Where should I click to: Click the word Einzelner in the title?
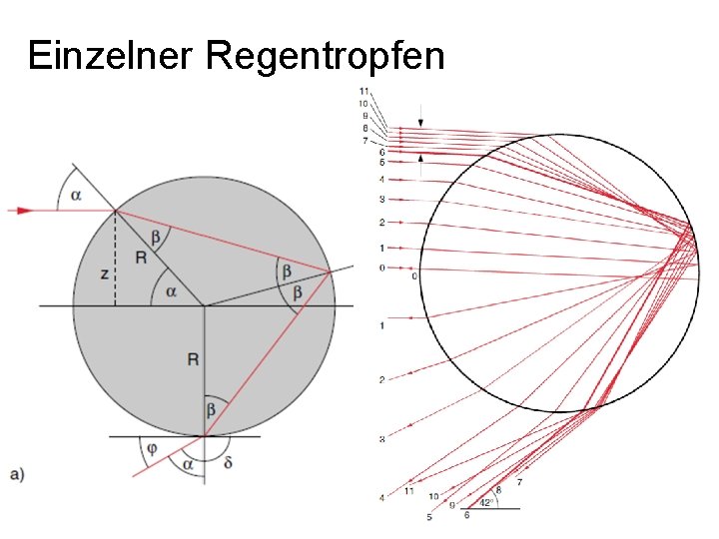pyautogui.click(x=109, y=56)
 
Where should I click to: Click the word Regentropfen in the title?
pyautogui.click(x=325, y=58)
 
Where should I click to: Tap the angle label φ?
pyautogui.click(x=151, y=449)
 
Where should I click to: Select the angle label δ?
pyautogui.click(x=230, y=462)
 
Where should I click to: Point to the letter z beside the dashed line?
pyautogui.click(x=104, y=272)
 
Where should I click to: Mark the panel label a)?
pyautogui.click(x=17, y=474)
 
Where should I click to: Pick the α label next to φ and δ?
pyautogui.click(x=186, y=465)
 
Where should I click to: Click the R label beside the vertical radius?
pyautogui.click(x=192, y=358)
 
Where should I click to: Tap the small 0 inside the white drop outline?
pyautogui.click(x=414, y=276)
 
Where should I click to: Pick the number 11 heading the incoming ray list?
pyautogui.click(x=365, y=92)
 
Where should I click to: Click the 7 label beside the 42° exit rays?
pyautogui.click(x=519, y=482)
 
